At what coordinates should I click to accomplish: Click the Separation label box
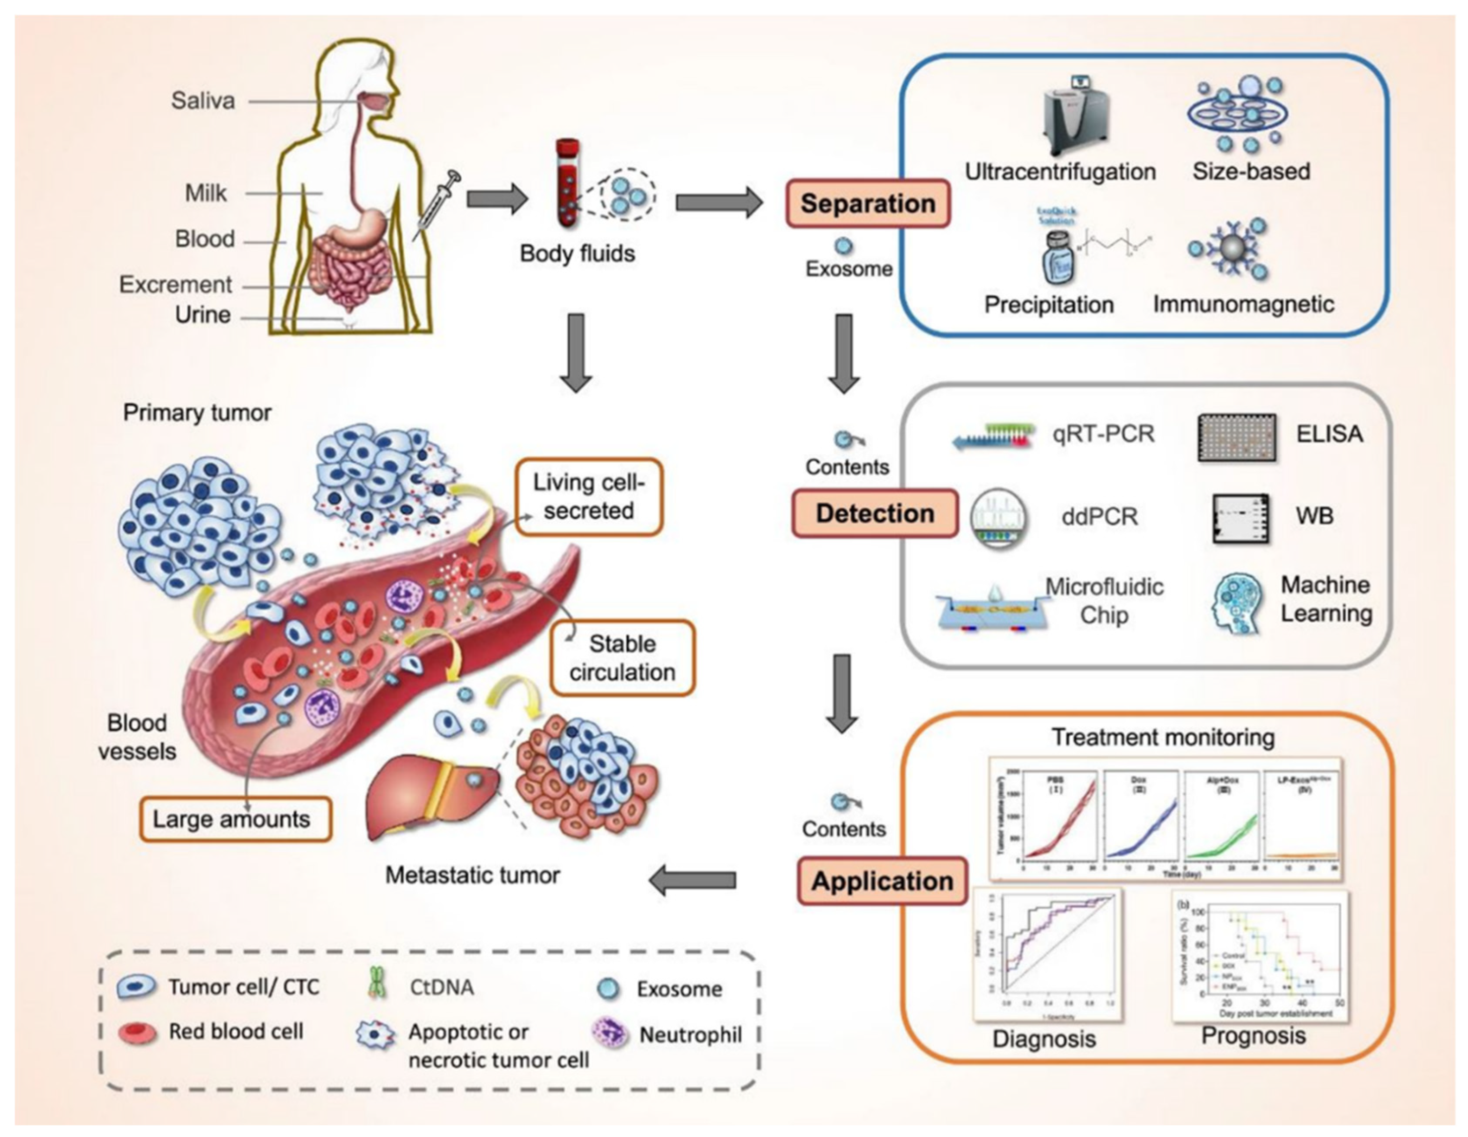pyautogui.click(x=867, y=203)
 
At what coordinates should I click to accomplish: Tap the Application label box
pyautogui.click(x=882, y=881)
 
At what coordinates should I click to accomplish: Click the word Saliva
pyautogui.click(x=203, y=101)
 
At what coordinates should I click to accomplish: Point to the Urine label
pyautogui.click(x=203, y=314)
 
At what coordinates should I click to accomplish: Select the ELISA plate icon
pyautogui.click(x=1237, y=436)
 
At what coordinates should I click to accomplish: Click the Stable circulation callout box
pyautogui.click(x=622, y=658)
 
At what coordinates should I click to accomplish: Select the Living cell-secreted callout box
pyautogui.click(x=588, y=497)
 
